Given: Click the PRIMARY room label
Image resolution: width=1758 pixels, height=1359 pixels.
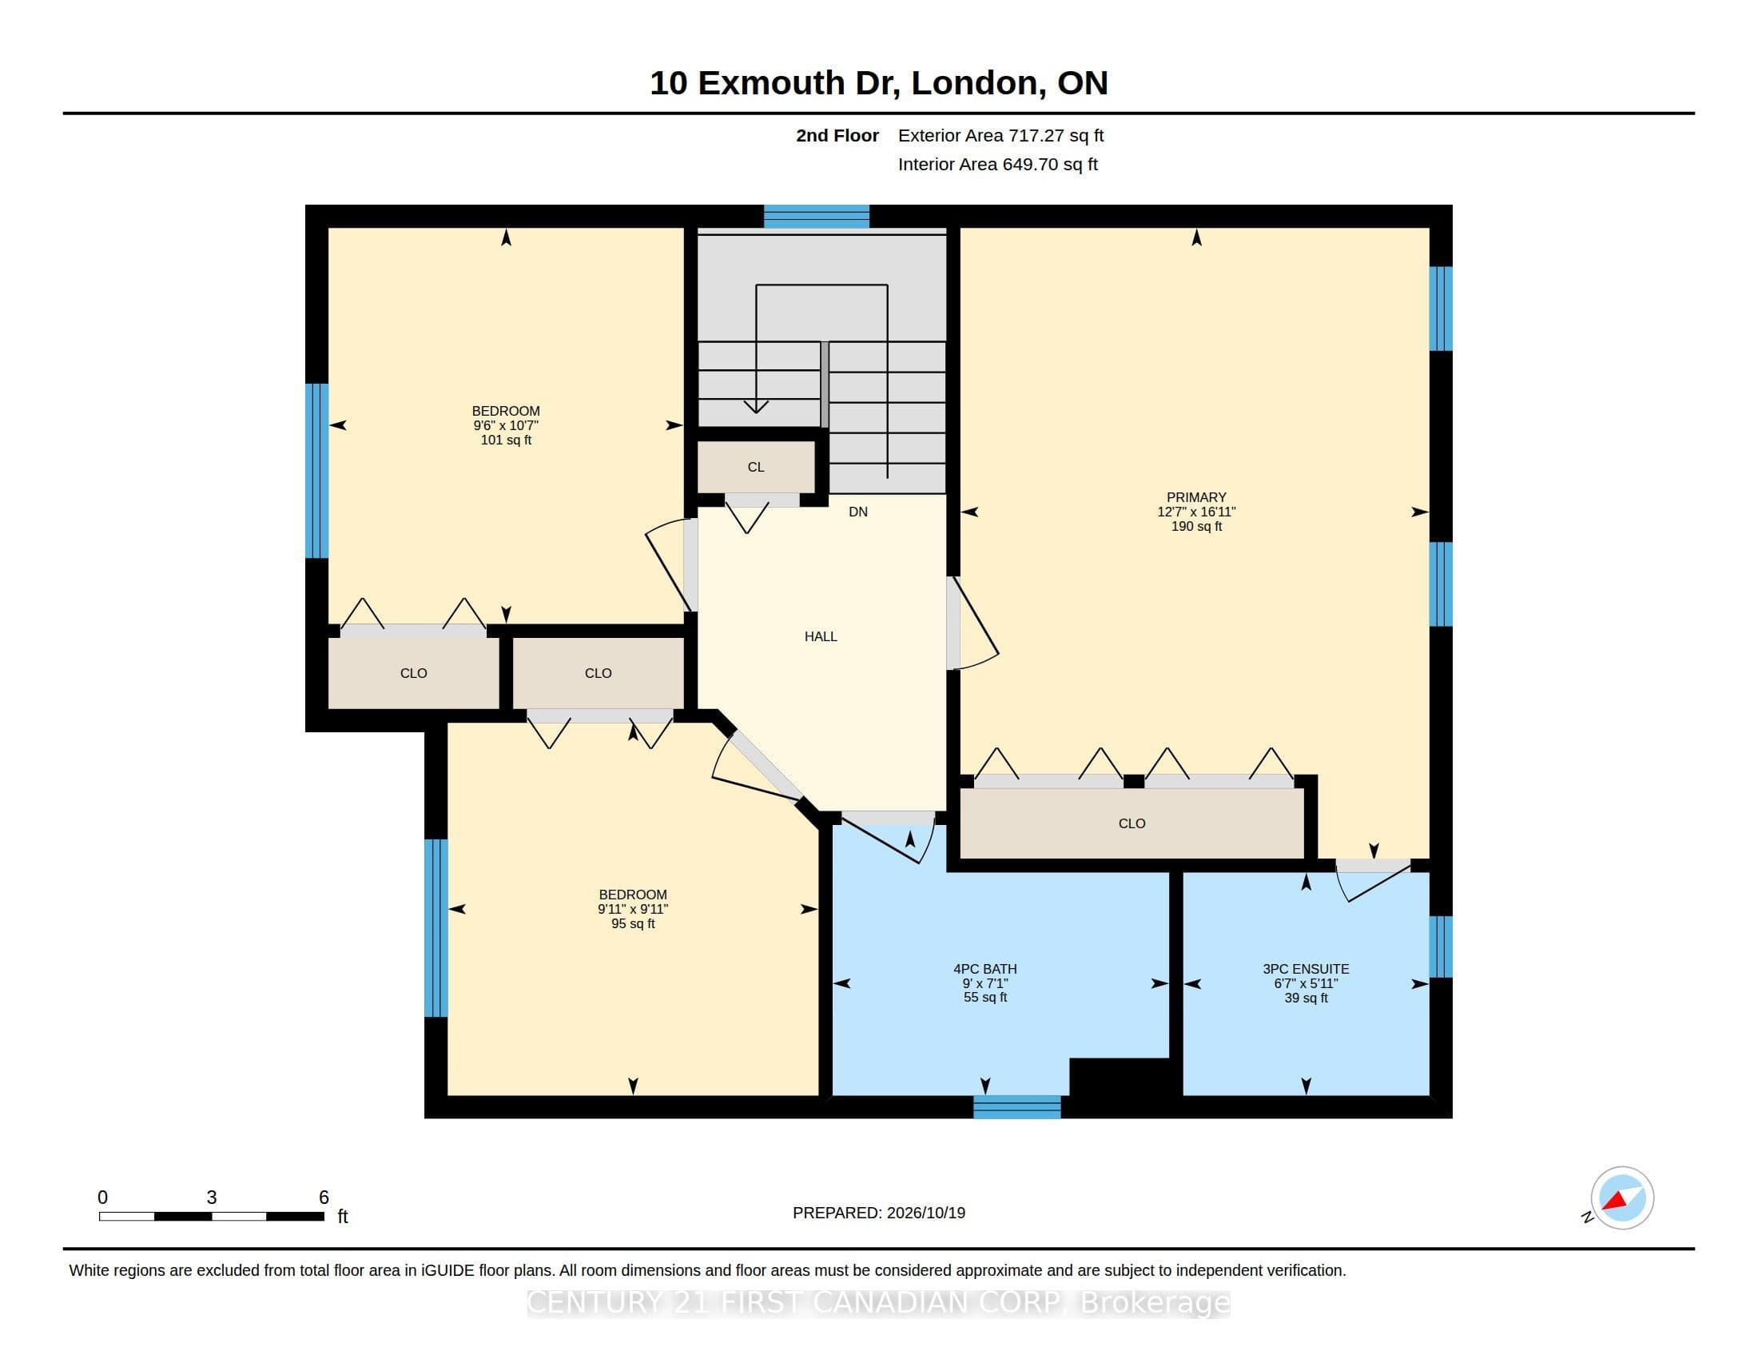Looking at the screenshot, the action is [1196, 497].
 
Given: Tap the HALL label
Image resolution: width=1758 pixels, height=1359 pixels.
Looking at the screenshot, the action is [820, 636].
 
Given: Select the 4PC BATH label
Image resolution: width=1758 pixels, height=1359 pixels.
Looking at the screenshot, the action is [984, 969].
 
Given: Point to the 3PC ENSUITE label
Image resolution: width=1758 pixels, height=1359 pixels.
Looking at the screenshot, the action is [1306, 969].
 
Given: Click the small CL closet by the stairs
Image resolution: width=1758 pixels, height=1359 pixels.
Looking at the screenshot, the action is [755, 466].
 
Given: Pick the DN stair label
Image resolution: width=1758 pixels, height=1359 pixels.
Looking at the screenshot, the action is [858, 512].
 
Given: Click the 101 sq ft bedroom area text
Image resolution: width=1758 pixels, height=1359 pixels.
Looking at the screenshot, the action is [506, 440].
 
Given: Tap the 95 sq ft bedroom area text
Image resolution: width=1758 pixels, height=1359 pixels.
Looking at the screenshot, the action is [633, 923].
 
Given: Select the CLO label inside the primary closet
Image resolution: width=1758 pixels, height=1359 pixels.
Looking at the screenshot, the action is [1132, 823].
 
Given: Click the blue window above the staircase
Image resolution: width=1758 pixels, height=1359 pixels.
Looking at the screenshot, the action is [816, 217].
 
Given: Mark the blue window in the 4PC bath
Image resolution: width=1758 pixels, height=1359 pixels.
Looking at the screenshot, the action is [1016, 1107].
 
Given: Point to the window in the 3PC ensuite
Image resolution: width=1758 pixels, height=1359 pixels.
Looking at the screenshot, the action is [1441, 947].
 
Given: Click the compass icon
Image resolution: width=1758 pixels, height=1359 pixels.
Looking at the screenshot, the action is [1622, 1198].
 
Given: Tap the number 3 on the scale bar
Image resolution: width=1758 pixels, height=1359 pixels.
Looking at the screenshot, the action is [212, 1198].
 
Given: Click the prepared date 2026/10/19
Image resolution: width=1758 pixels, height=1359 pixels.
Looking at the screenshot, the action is [925, 1213].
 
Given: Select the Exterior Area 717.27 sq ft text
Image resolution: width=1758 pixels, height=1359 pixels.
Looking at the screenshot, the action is [1000, 135].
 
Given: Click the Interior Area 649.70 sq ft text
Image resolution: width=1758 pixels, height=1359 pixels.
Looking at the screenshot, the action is [997, 164].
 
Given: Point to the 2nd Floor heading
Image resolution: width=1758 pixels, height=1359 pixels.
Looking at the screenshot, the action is [837, 135].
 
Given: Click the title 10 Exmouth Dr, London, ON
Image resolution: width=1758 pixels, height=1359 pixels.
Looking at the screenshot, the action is [879, 83].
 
